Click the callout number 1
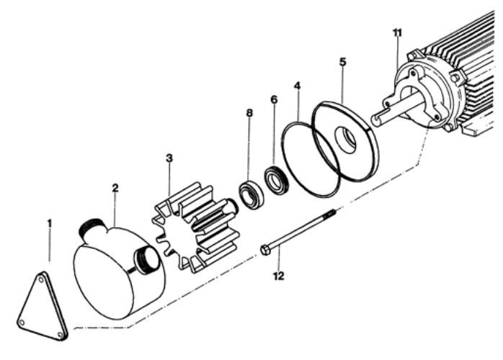click(x=49, y=224)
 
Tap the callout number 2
click(x=115, y=189)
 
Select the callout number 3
click(x=169, y=158)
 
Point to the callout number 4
click(x=297, y=86)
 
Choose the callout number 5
click(x=342, y=61)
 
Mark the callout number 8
click(x=249, y=114)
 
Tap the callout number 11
click(x=397, y=32)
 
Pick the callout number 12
click(x=280, y=275)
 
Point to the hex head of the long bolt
click(x=265, y=250)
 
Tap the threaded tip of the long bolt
click(x=331, y=214)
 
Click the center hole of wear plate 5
click(x=349, y=141)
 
